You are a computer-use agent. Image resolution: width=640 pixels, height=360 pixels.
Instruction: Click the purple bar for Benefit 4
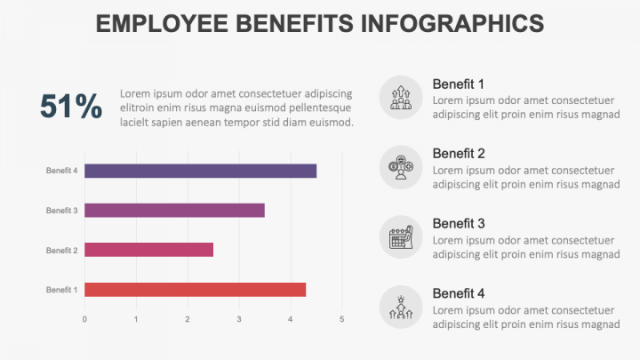[201, 171]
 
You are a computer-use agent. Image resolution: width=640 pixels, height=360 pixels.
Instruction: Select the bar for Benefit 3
[175, 211]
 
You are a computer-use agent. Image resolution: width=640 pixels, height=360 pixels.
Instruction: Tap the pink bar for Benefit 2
[149, 250]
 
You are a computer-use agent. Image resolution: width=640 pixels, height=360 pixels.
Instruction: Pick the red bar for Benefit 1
[196, 290]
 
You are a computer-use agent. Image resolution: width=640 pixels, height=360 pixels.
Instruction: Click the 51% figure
[71, 107]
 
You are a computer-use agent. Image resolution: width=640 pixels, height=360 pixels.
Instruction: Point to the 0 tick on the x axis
[84, 319]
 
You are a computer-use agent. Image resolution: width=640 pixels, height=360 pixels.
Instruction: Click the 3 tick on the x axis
[239, 319]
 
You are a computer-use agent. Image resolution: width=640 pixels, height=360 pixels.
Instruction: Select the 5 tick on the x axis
[342, 319]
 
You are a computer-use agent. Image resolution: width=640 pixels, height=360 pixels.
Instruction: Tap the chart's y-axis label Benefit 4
[62, 171]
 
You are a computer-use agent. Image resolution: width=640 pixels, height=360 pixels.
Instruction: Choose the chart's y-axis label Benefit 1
[62, 290]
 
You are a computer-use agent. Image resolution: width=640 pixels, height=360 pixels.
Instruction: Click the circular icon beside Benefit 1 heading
[401, 97]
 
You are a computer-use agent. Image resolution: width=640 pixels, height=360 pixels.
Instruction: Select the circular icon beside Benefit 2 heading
[401, 167]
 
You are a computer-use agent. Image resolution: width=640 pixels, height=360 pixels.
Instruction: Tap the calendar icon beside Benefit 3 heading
[401, 237]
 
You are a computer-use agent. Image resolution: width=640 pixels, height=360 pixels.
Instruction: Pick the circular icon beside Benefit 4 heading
[401, 308]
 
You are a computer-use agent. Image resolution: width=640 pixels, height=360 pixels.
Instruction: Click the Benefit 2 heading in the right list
[459, 153]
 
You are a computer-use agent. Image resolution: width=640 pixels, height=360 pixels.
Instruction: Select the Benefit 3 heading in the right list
[459, 223]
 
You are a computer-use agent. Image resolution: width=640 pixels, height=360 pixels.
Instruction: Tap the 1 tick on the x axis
[136, 319]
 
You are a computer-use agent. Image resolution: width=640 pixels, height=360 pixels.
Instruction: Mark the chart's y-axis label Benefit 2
[62, 250]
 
